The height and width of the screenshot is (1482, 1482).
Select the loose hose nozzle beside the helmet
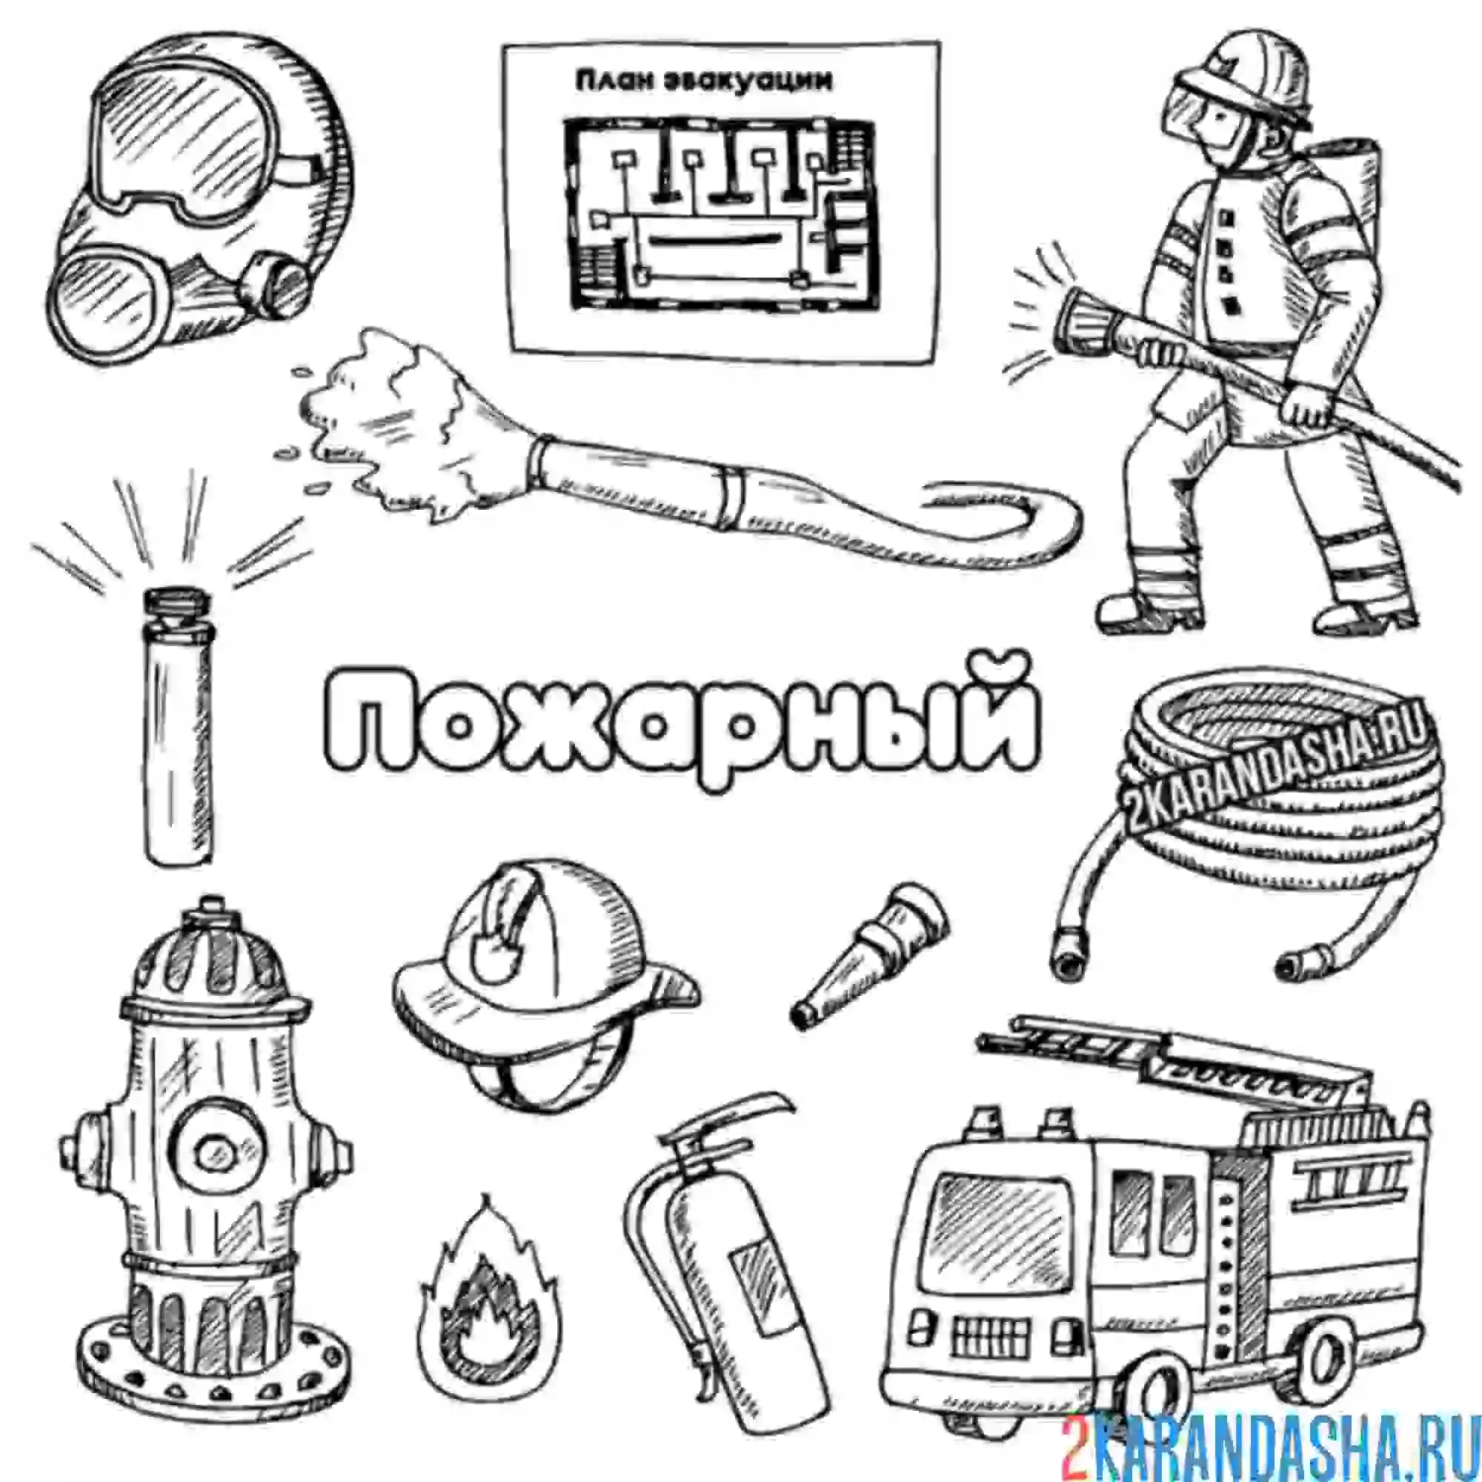click(869, 955)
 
